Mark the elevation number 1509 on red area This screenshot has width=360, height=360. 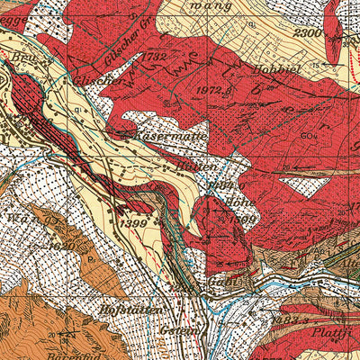(225, 215)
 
